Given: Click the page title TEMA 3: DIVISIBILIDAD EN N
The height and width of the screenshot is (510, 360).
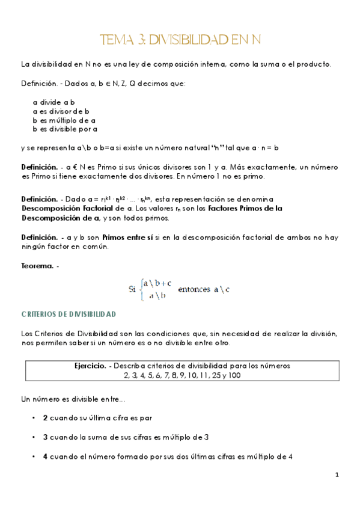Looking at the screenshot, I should click(180, 40).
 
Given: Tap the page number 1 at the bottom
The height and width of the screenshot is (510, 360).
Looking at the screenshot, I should click(337, 475).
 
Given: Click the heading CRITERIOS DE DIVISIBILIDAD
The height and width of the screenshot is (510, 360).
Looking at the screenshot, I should click(68, 314).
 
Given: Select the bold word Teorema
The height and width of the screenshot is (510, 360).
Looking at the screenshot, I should click(37, 266).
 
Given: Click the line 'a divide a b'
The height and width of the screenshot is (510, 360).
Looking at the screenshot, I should click(53, 102).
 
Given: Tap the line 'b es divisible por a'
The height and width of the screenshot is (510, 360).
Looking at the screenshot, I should click(65, 129).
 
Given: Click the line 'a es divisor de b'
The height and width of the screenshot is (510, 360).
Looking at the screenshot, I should click(61, 111).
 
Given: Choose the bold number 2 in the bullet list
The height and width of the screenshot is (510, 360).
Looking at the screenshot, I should click(46, 417).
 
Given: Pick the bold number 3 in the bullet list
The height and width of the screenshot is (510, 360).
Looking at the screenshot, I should click(46, 437).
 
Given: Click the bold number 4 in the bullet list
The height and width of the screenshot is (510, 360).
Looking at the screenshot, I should click(46, 456).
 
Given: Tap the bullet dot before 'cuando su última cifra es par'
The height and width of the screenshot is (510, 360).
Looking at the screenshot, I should click(32, 417).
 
